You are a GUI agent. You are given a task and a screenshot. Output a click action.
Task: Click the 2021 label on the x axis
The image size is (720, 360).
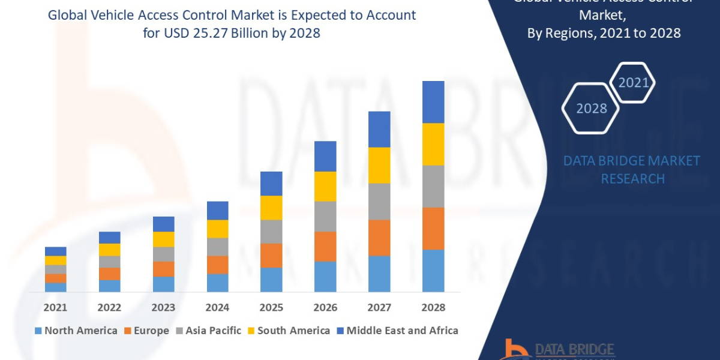click(55, 307)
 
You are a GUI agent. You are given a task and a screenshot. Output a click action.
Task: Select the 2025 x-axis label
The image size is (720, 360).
click(271, 307)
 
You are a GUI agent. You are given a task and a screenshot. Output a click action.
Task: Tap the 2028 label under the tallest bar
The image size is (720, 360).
click(433, 307)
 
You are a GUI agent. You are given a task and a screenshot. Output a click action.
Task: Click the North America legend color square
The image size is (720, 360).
click(38, 331)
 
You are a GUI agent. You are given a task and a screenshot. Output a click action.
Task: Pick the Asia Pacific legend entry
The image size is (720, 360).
click(213, 331)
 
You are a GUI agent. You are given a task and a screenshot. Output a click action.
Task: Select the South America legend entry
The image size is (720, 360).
click(293, 331)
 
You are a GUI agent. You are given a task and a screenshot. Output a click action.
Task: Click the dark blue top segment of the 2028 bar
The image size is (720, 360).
click(433, 102)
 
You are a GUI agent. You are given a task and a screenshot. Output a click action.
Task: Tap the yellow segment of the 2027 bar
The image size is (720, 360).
click(379, 165)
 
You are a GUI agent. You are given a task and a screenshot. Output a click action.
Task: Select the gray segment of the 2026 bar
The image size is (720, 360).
click(325, 216)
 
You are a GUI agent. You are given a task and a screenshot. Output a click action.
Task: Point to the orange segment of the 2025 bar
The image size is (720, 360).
click(271, 255)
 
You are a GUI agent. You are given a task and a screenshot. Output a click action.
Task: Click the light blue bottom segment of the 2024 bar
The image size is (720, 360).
click(217, 283)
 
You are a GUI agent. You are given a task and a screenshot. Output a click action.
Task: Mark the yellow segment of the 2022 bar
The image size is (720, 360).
click(109, 250)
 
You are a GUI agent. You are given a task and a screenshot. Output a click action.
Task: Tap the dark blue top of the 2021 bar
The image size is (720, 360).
click(55, 251)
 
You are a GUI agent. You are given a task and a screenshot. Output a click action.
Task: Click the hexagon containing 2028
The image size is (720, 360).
click(591, 108)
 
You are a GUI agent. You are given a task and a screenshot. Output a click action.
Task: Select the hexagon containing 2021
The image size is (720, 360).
click(632, 82)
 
